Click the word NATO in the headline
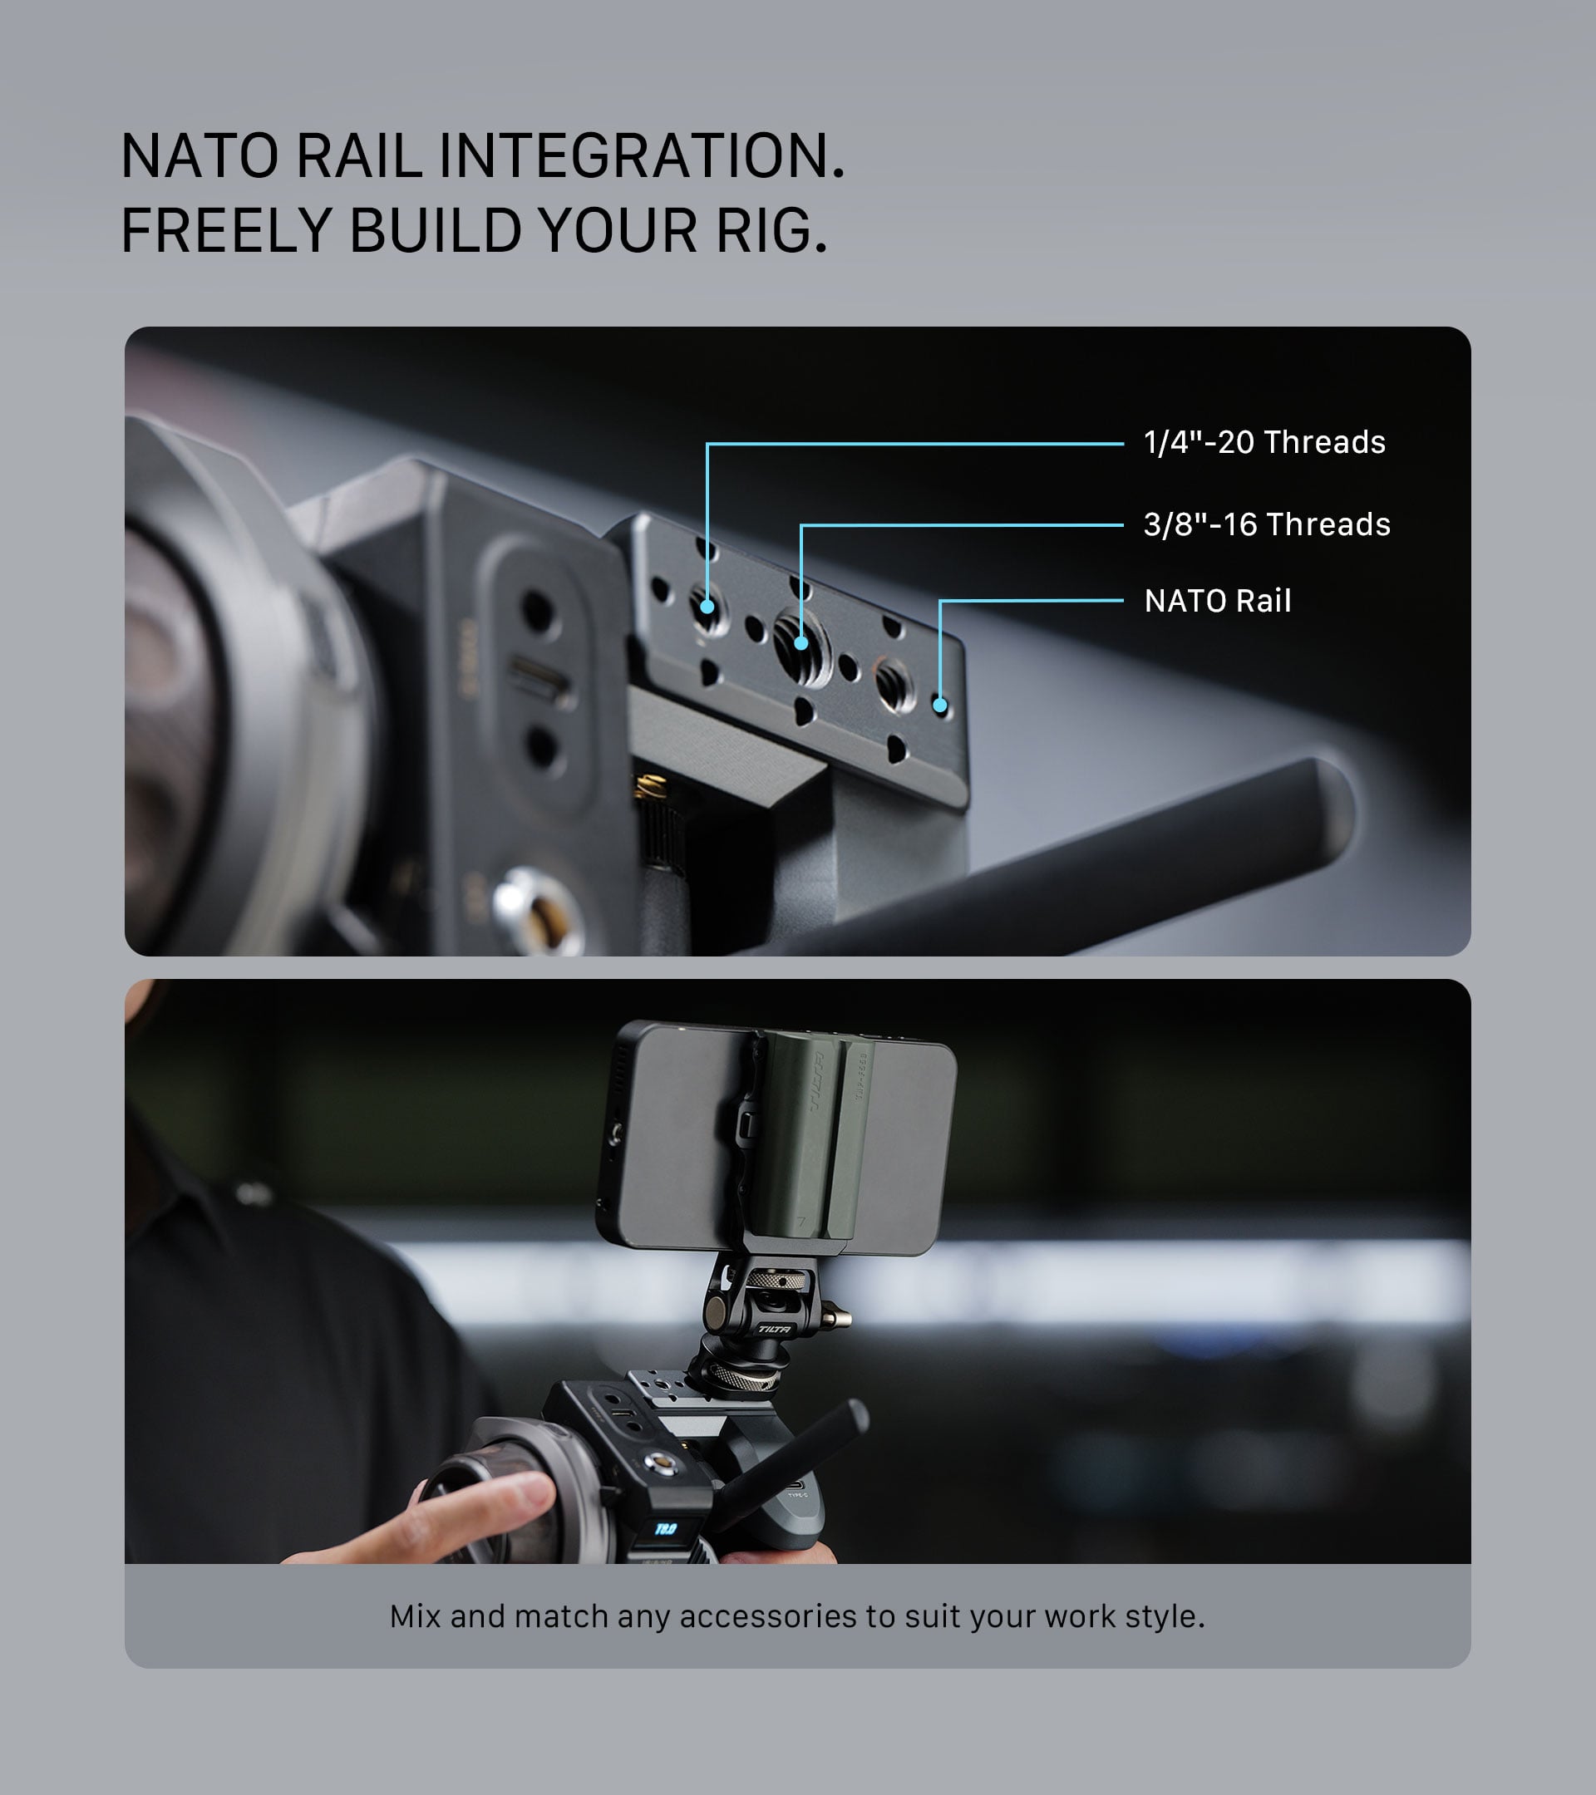click(x=199, y=156)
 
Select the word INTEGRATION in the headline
click(x=641, y=156)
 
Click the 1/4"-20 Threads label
click(x=1264, y=443)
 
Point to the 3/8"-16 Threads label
click(x=1267, y=524)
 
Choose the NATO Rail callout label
click(x=1218, y=601)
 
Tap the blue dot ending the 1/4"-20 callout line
click(x=707, y=606)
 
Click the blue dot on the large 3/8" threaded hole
click(x=801, y=643)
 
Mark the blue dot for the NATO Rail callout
click(x=940, y=705)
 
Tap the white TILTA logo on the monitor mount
click(x=774, y=1330)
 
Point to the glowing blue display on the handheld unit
click(x=666, y=1529)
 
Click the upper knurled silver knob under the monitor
click(x=775, y=1281)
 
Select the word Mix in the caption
click(x=416, y=1615)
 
